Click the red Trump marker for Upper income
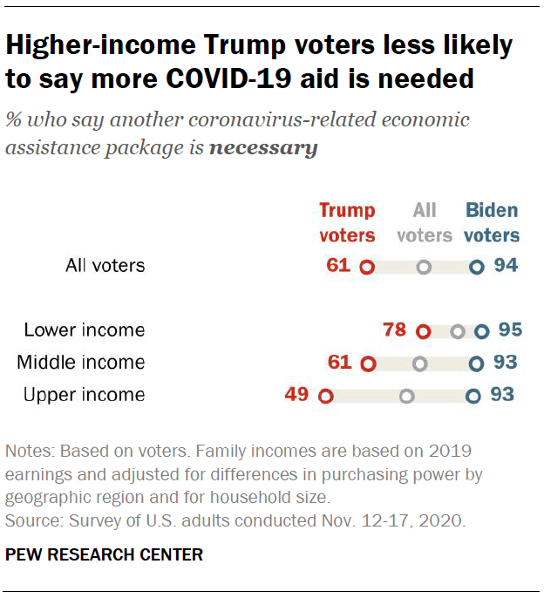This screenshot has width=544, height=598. click(x=326, y=397)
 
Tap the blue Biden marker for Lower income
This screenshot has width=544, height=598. click(x=482, y=331)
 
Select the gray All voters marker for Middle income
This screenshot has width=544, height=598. click(x=420, y=364)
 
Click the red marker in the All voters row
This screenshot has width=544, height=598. click(x=367, y=268)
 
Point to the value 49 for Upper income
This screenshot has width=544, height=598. click(x=296, y=395)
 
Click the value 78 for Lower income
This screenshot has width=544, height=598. click(x=395, y=330)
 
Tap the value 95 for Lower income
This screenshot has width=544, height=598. click(x=510, y=330)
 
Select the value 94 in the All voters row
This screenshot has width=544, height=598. click(x=506, y=265)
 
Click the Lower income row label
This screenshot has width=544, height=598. click(x=85, y=330)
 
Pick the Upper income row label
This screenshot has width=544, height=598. click(x=85, y=395)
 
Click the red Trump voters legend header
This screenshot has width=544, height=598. click(x=347, y=222)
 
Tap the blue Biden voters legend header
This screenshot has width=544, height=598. click(x=492, y=222)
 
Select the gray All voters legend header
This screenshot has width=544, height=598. click(x=425, y=222)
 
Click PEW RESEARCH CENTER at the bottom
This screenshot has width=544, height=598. click(x=104, y=554)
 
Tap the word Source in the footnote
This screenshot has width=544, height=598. click(x=30, y=522)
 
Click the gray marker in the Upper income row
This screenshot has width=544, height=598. click(x=406, y=397)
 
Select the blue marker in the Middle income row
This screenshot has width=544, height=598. click(x=475, y=364)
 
